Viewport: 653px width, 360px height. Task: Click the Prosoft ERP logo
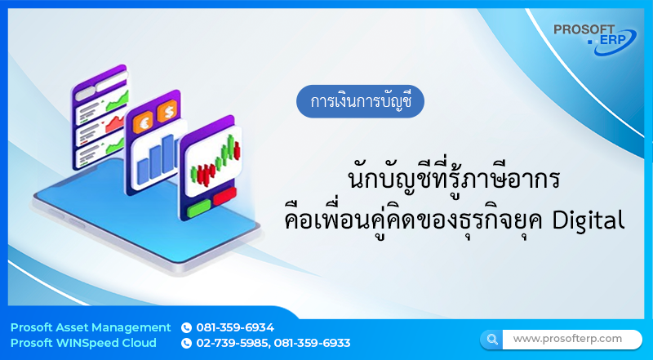coord(594,38)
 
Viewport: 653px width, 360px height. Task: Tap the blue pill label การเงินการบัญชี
coord(361,103)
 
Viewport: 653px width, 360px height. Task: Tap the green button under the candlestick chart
coord(198,209)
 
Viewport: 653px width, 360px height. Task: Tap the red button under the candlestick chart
coord(223,195)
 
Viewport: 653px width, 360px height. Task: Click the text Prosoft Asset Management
coord(91,327)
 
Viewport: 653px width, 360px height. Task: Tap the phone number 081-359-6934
coord(235,327)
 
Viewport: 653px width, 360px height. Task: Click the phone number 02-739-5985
coord(233,343)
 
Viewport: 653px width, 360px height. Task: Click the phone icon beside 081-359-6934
coord(186,327)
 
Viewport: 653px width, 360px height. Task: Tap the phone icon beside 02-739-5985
coord(186,343)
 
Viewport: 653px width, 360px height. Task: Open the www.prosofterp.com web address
coord(567,338)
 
